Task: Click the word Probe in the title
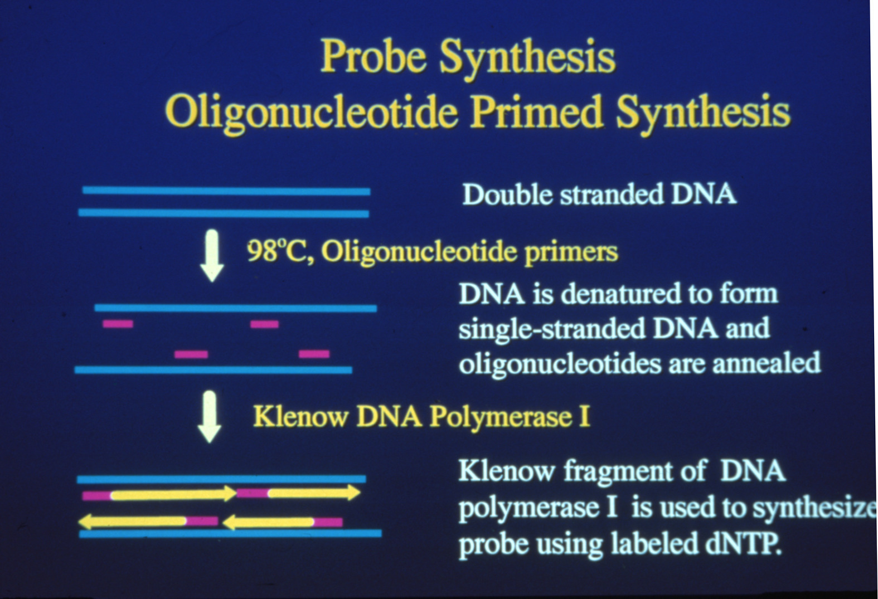pyautogui.click(x=373, y=57)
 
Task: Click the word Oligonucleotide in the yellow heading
pyautogui.click(x=312, y=113)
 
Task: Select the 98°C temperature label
pyautogui.click(x=279, y=251)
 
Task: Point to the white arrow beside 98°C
pyautogui.click(x=212, y=255)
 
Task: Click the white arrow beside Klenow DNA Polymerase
pyautogui.click(x=210, y=416)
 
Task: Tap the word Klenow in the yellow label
pyautogui.click(x=300, y=416)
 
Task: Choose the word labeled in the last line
pyautogui.click(x=654, y=544)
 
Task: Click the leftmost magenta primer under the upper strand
pyautogui.click(x=118, y=324)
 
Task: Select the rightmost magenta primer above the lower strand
pyautogui.click(x=314, y=354)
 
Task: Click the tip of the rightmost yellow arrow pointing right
pyautogui.click(x=360, y=493)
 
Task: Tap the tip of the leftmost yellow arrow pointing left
pyautogui.click(x=79, y=522)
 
